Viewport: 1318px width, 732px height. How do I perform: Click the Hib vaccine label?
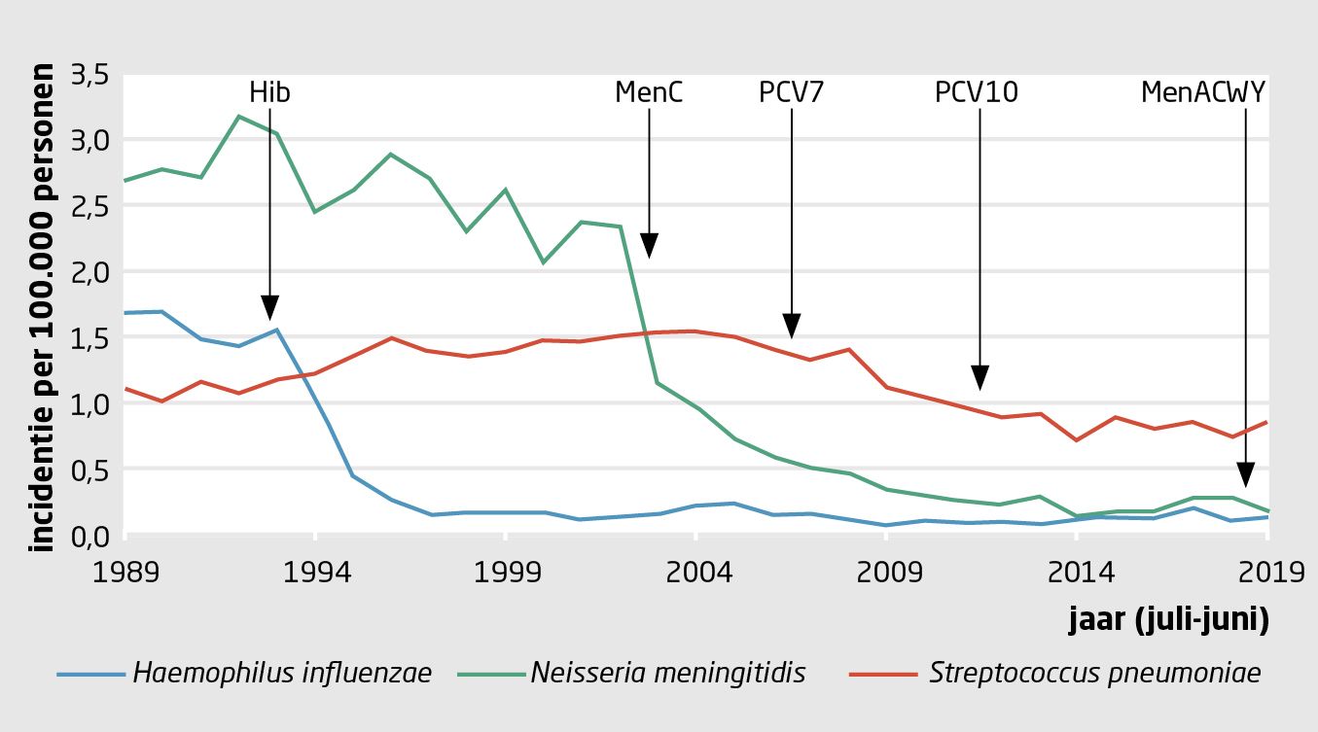coord(269,92)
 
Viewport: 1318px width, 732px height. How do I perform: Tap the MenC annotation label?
coord(649,92)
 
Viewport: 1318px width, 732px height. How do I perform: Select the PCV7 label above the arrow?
coord(792,92)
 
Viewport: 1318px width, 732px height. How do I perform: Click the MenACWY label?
coord(1203,92)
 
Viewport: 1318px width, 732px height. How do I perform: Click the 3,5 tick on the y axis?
coord(93,75)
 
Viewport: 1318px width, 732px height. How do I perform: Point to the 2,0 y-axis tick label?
coord(93,272)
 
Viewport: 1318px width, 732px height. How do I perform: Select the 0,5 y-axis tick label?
coord(93,471)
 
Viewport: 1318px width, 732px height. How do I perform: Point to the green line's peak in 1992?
coord(239,117)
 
